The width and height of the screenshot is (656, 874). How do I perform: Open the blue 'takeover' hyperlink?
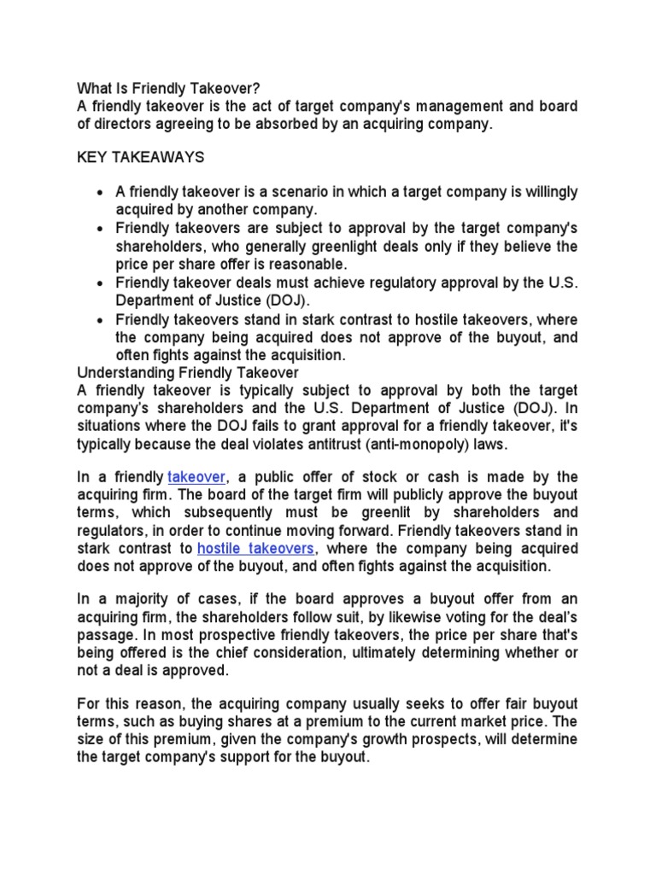click(197, 476)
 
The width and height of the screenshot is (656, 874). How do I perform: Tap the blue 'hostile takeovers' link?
click(256, 547)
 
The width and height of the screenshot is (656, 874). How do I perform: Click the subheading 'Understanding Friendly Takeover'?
click(188, 373)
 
